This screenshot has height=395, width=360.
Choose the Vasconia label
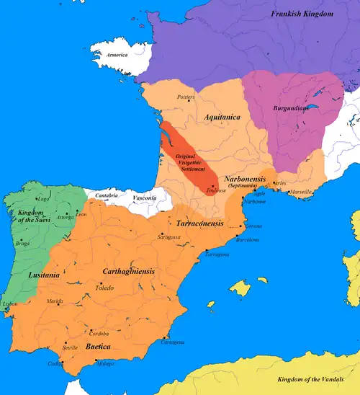click(145, 197)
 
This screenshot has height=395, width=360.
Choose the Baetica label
click(98, 347)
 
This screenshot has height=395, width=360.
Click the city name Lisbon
click(9, 305)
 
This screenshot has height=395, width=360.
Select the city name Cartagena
click(171, 342)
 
